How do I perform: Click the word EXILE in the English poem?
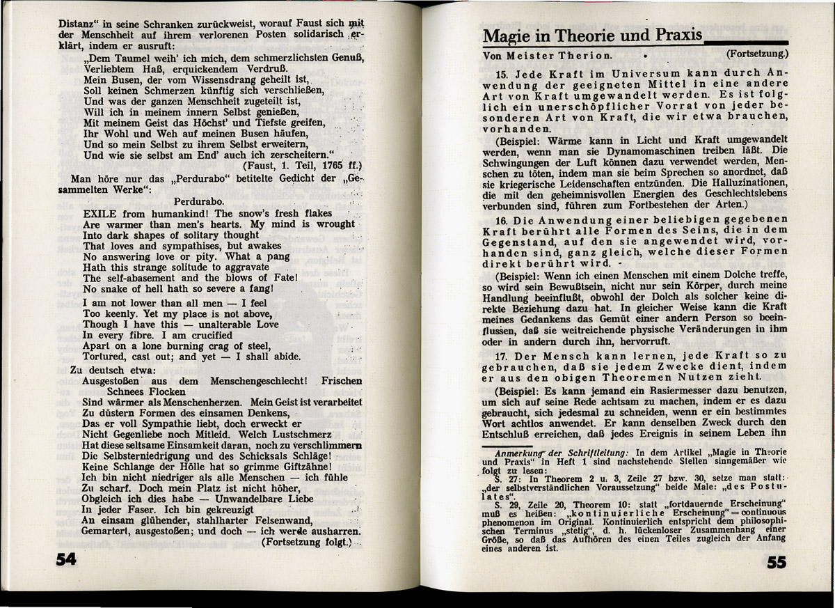[x=100, y=214]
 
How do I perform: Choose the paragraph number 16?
[x=502, y=220]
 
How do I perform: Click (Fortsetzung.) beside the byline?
[x=757, y=53]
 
